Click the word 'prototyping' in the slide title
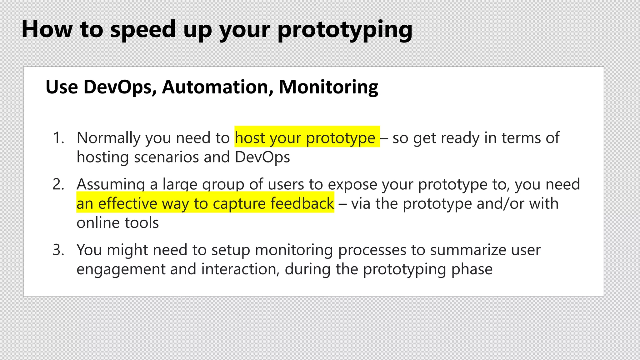click(345, 30)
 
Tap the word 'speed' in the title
click(143, 30)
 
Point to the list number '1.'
click(59, 138)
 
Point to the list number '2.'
click(59, 184)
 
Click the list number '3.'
click(59, 250)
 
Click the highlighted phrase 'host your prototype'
click(305, 138)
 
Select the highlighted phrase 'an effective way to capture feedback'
click(205, 203)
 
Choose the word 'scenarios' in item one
click(166, 157)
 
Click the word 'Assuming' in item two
click(111, 184)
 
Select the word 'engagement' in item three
click(121, 269)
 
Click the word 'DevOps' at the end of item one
click(262, 157)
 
